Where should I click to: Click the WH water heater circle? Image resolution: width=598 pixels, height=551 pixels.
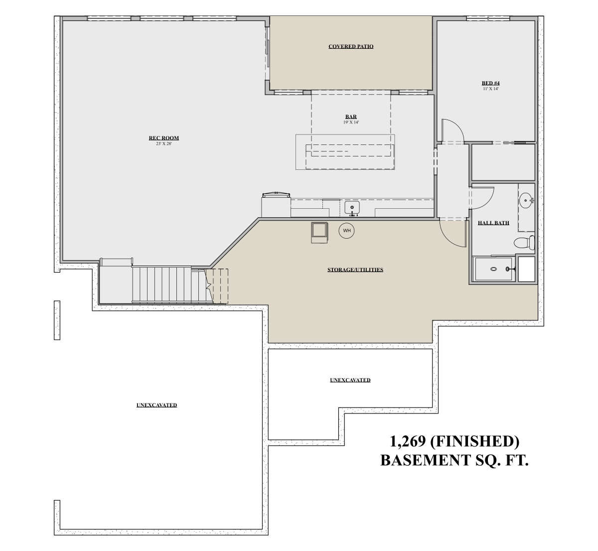click(x=346, y=231)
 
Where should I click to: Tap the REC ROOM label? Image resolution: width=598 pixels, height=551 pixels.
click(x=163, y=138)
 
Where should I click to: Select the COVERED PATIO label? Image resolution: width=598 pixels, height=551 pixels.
click(x=351, y=46)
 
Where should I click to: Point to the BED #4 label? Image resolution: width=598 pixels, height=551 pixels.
click(x=490, y=83)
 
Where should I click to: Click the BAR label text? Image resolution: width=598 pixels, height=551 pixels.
click(x=351, y=116)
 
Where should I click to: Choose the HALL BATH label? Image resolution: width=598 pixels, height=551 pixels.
click(x=493, y=223)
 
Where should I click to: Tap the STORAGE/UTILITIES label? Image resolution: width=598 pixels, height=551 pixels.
click(x=355, y=270)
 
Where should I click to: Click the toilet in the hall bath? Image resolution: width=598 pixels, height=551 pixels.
click(x=525, y=242)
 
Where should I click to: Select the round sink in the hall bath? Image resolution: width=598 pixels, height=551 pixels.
click(x=525, y=200)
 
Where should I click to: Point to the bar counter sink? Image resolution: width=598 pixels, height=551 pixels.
click(x=352, y=207)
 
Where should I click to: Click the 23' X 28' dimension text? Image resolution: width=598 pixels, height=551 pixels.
click(x=163, y=143)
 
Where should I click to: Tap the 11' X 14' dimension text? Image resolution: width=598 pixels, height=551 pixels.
click(x=491, y=89)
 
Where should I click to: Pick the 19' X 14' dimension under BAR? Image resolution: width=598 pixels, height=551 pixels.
click(x=351, y=122)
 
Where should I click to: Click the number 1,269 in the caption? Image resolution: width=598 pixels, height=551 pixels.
click(x=408, y=441)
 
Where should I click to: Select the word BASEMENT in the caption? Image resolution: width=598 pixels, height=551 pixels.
click(x=421, y=460)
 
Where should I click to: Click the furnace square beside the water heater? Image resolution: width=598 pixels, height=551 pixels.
click(x=319, y=232)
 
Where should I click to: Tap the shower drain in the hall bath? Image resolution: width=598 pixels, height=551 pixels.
click(x=494, y=269)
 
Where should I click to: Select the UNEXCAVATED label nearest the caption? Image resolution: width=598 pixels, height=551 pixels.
click(x=350, y=380)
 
